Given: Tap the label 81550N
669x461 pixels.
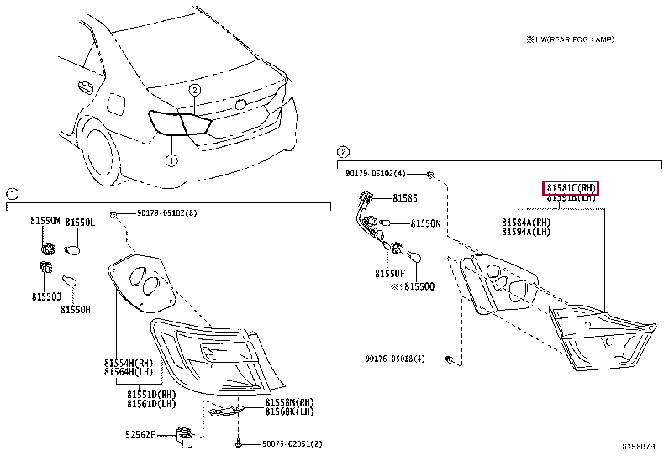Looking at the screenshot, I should coord(425,224).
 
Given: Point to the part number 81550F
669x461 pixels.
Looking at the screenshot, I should coord(389,272).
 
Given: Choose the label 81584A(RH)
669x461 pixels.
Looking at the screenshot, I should coord(526,223).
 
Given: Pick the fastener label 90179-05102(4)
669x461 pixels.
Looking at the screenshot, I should coord(375,174).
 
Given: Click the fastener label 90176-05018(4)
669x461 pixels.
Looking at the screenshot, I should coord(395,359).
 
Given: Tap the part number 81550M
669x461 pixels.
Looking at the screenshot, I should coord(46,221).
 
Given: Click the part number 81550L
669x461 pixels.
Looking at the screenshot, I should coord(82,221).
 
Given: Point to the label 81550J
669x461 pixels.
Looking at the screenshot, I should coord(46,296).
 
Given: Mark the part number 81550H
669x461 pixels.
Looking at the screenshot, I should coord(75,309).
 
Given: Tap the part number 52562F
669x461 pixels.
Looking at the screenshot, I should coord(142,434).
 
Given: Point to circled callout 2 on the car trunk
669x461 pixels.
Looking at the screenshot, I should coord(194,90).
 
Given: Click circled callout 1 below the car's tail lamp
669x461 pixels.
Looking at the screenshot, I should coord(171,160).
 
